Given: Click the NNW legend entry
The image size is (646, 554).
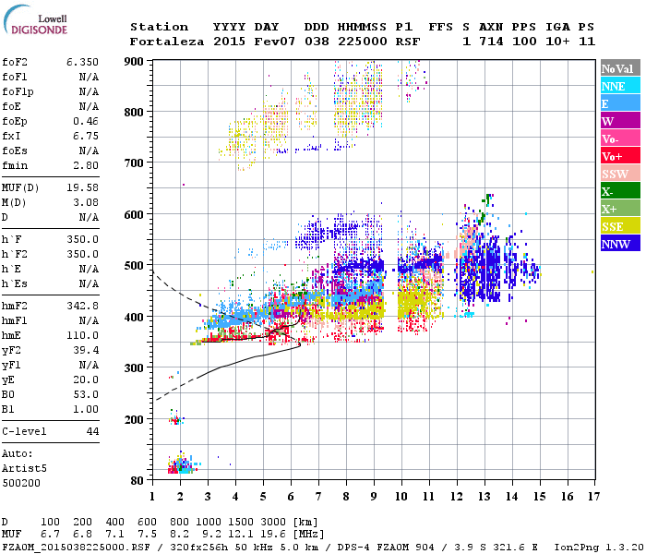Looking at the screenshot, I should pos(616,244).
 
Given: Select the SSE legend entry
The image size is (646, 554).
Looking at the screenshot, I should pos(616,226).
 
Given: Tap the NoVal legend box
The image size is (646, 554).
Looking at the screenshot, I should pos(616,68).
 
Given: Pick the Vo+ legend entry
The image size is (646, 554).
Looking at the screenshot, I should pos(616,156).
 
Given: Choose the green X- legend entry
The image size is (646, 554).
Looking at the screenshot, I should pos(616,191).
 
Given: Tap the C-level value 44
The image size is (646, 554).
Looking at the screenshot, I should pos(92,431).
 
